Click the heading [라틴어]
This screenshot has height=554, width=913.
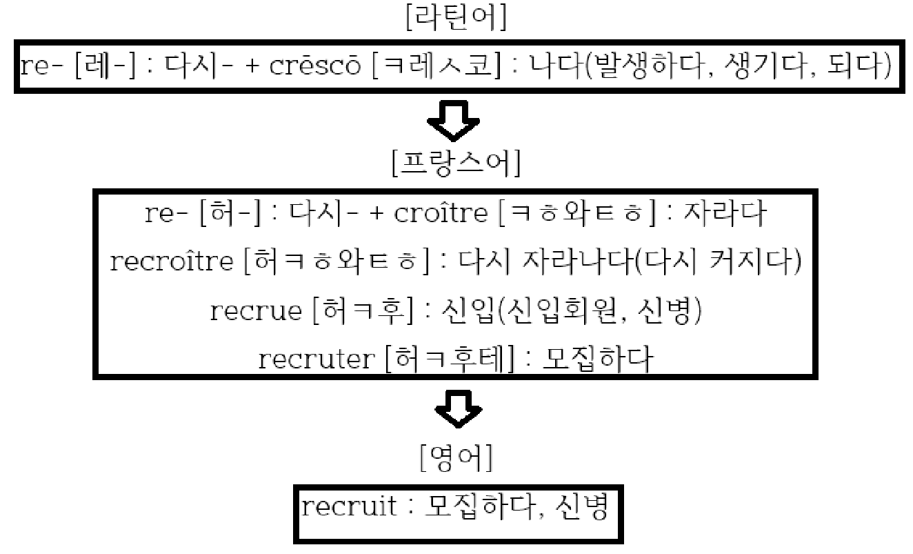coord(456,19)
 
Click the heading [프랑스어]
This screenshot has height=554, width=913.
coord(456,164)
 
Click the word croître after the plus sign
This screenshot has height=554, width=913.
coord(441,215)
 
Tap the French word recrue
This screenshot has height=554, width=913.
coord(255,310)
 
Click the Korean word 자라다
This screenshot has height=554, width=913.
coord(724,215)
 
